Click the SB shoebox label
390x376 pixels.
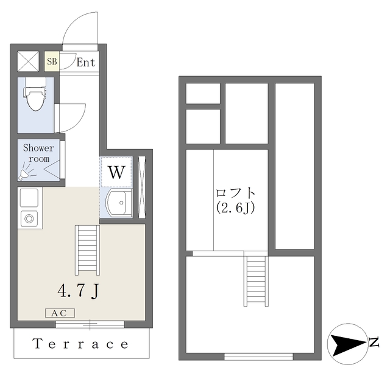pyautogui.click(x=52, y=61)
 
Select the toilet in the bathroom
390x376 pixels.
pyautogui.click(x=35, y=97)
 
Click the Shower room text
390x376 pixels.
pyautogui.click(x=38, y=153)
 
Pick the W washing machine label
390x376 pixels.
pyautogui.click(x=116, y=172)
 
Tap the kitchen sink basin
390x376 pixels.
pyautogui.click(x=29, y=198)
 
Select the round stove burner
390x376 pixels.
pyautogui.click(x=28, y=218)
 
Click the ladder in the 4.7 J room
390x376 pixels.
pyautogui.click(x=87, y=249)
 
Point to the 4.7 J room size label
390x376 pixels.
pyautogui.click(x=78, y=291)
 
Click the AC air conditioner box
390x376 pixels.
pyautogui.click(x=60, y=313)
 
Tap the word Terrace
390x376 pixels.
pyautogui.click(x=81, y=344)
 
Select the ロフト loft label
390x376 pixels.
pyautogui.click(x=236, y=193)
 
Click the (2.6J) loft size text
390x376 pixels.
pyautogui.click(x=236, y=207)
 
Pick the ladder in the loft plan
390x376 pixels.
pyautogui.click(x=256, y=280)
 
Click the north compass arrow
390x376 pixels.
pyautogui.click(x=346, y=344)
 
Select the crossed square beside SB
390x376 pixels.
pyautogui.click(x=28, y=61)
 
